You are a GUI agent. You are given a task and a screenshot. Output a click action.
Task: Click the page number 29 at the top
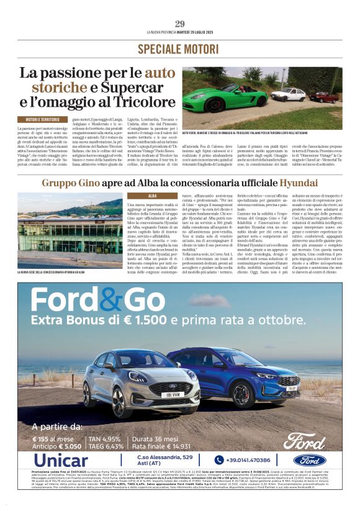180,24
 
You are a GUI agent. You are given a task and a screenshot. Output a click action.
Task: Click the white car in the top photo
288,95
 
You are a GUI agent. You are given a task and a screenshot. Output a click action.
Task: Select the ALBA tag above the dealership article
136,196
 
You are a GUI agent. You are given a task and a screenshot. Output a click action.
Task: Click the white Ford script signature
304,441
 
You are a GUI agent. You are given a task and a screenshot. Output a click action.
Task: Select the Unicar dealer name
61,460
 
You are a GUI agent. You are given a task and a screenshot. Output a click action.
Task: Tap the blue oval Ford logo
310,460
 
